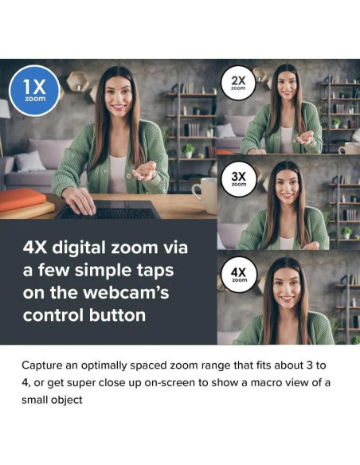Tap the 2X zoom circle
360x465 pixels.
click(x=238, y=84)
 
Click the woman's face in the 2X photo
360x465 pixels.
click(x=283, y=87)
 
